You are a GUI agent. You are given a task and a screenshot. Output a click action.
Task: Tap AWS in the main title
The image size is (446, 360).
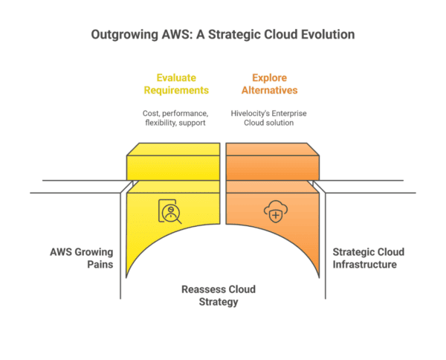tap(173, 34)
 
